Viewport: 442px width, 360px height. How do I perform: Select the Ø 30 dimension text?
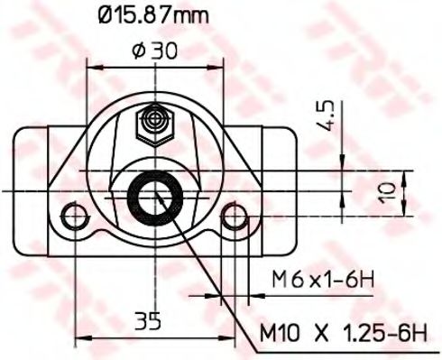tap(154, 51)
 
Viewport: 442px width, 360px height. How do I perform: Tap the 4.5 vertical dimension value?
tap(327, 115)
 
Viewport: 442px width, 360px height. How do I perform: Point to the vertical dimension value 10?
tap(386, 190)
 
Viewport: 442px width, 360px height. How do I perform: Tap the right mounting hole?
tap(235, 215)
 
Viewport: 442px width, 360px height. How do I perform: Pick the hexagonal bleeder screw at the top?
tap(155, 123)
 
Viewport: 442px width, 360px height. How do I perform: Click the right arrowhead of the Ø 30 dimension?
tap(217, 66)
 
